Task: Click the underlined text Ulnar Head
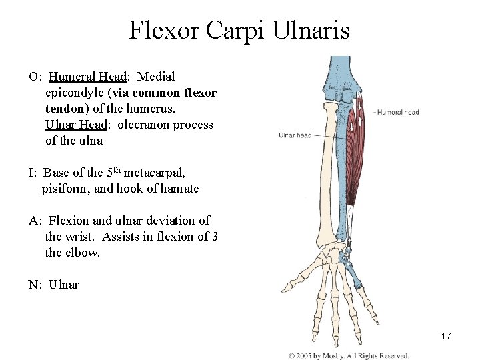tap(76, 125)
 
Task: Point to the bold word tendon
tap(65, 109)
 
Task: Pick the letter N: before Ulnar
tap(35, 285)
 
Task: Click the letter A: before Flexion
tap(35, 221)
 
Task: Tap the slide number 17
tap(446, 336)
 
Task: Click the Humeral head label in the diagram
tap(398, 112)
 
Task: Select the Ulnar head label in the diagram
tap(295, 135)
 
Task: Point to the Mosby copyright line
tap(347, 355)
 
